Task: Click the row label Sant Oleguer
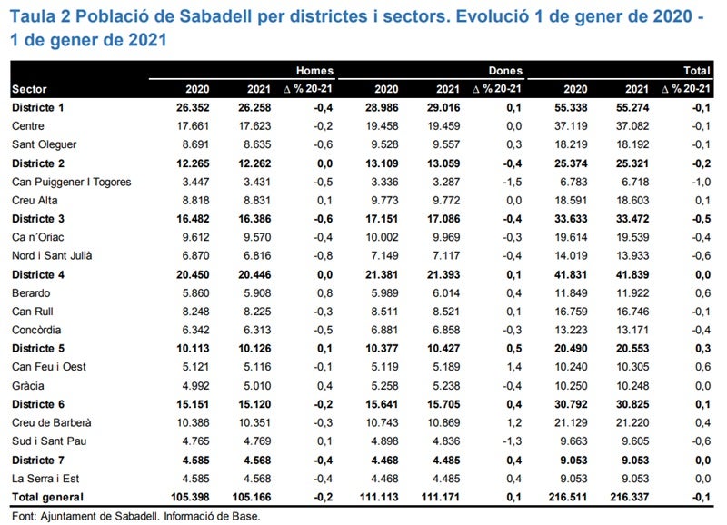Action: tap(44, 144)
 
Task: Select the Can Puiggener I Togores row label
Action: tap(72, 182)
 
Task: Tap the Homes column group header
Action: tap(314, 70)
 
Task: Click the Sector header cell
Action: tap(29, 89)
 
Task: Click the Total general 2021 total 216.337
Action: tap(629, 497)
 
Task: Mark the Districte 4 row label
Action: tap(45, 275)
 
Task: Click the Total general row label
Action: tap(47, 497)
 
